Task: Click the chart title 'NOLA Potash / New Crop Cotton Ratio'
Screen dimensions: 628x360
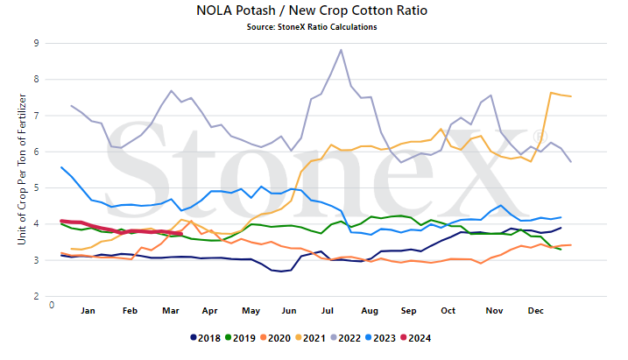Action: tap(312, 11)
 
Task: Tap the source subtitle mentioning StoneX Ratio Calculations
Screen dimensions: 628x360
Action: tap(312, 27)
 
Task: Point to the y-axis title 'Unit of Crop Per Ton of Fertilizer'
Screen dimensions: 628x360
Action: tap(22, 169)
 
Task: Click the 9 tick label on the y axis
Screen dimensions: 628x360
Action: tap(37, 43)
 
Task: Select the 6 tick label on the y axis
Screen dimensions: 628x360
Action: tap(37, 152)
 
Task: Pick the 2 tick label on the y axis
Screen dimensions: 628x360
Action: tap(37, 296)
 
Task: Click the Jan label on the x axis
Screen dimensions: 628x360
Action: tap(88, 311)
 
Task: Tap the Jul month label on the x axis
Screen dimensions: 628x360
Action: tap(328, 311)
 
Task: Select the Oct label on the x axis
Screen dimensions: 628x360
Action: tap(448, 311)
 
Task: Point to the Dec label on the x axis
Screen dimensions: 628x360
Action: tap(535, 311)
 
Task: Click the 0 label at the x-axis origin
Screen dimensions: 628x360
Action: tap(52, 305)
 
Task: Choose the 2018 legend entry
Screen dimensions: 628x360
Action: tap(206, 338)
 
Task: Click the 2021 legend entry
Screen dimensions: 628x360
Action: tap(310, 338)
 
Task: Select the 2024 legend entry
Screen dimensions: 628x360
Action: tap(416, 338)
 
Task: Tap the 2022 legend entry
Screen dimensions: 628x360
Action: tap(346, 338)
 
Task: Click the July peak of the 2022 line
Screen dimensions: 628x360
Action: tap(341, 50)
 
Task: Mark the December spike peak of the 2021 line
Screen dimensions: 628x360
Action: tap(551, 93)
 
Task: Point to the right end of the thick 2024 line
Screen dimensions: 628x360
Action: tap(181, 234)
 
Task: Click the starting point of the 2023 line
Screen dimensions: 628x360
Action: tap(61, 167)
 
